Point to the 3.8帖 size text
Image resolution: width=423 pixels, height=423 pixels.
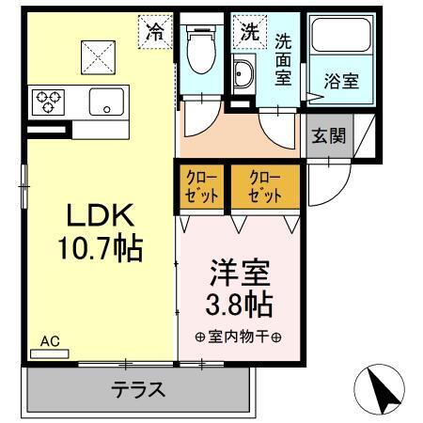click(x=239, y=305)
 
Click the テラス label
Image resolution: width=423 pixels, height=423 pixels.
click(x=138, y=389)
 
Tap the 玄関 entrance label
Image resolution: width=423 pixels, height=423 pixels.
click(x=328, y=135)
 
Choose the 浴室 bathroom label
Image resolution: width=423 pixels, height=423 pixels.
click(x=340, y=81)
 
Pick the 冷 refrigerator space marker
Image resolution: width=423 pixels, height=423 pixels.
click(x=155, y=31)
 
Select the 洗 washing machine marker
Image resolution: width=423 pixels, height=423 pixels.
click(x=250, y=31)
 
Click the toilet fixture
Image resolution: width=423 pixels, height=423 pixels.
click(x=200, y=52)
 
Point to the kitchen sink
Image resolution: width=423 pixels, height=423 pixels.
click(x=107, y=101)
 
